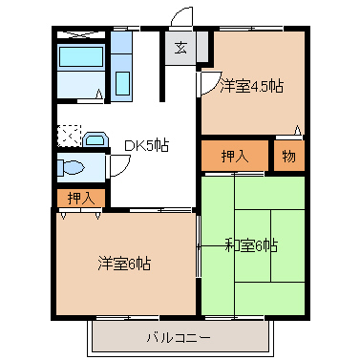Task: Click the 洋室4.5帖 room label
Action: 251,86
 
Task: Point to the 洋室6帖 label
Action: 124,263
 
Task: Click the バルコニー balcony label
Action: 179,336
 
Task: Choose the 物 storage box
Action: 288,156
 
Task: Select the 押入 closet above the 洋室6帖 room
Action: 81,199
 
